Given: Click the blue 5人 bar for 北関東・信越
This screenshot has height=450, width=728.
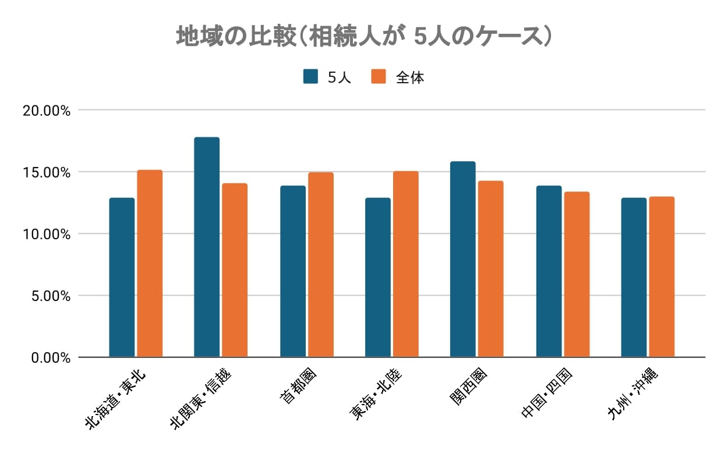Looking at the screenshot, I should coord(207,247).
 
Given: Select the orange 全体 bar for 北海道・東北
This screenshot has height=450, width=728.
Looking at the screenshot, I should coord(150,264).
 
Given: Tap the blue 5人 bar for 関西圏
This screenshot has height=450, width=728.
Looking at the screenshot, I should coord(462,259).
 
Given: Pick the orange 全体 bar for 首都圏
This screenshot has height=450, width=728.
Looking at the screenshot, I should coord(320,265).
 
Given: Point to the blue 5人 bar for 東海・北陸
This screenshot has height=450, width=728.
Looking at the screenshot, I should coord(377,278).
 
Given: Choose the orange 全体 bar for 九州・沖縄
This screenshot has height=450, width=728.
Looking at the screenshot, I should coord(662,277).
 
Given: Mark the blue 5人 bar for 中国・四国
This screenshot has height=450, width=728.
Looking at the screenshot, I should coord(549,271).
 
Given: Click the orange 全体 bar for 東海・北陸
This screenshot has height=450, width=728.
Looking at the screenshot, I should coord(405,264).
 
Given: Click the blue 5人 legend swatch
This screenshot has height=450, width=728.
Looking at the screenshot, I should coord(310,77).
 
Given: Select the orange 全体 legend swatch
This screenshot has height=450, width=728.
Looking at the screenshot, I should coord(379,77).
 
